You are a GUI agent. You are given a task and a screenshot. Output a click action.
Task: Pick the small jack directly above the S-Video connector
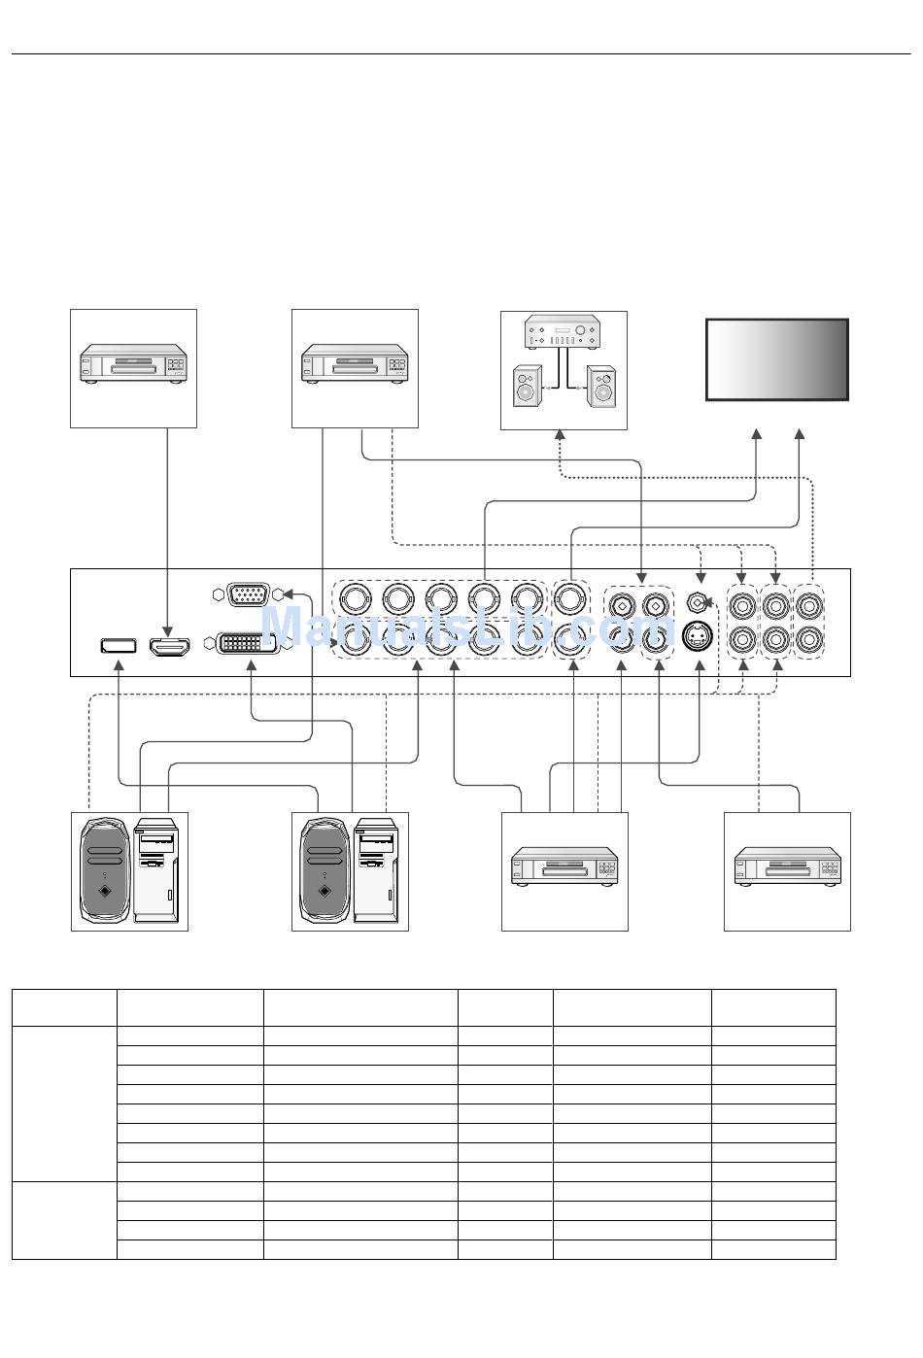pos(697,603)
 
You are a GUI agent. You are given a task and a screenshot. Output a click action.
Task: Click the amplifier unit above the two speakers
pos(562,335)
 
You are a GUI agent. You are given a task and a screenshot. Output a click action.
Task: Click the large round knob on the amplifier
pos(581,334)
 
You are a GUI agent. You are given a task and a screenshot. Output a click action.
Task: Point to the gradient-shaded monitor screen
pos(776,358)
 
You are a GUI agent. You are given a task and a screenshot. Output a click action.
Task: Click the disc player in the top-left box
pos(133,364)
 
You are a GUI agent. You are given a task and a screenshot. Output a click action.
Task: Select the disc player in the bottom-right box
pos(788,866)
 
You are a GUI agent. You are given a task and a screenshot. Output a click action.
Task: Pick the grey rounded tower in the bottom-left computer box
pos(105,870)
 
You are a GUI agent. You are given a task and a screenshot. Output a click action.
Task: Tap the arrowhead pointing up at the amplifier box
pos(561,435)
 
